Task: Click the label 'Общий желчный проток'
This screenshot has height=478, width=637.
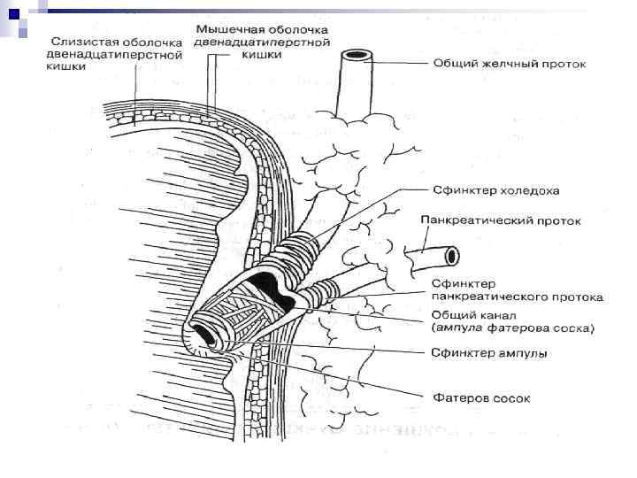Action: [x=509, y=64]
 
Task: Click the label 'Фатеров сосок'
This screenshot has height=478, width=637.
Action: [x=481, y=397]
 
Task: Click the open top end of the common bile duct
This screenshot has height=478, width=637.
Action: [x=357, y=56]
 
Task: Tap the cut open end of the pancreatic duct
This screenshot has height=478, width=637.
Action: [x=452, y=256]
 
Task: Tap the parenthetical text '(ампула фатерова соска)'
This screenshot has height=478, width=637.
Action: [x=513, y=328]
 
